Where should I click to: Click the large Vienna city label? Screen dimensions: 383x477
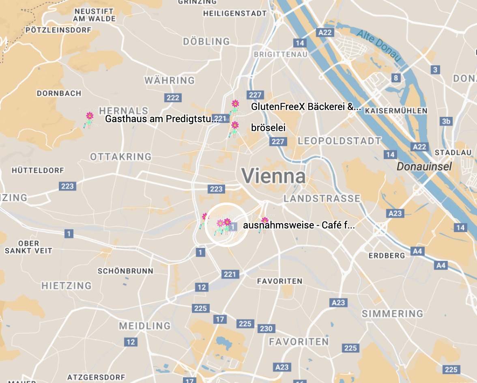point(274,176)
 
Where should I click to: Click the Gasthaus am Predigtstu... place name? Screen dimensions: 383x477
point(162,119)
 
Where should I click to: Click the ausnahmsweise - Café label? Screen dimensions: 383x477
point(299,226)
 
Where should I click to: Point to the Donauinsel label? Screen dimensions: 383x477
point(424,166)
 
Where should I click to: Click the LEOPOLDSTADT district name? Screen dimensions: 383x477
point(339,141)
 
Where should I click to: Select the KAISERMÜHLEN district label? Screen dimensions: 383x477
point(396,111)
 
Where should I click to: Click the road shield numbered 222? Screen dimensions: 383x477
point(173,98)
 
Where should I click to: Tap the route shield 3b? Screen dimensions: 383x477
point(446,121)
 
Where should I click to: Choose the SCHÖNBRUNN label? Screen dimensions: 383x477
point(125,271)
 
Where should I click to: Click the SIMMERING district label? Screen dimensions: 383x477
point(392,314)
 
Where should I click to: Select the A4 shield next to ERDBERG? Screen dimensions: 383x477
point(417,252)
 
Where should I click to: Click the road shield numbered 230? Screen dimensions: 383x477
point(266,328)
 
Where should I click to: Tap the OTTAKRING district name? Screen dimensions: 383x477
point(120,157)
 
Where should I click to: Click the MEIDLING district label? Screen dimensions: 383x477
point(145,326)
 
